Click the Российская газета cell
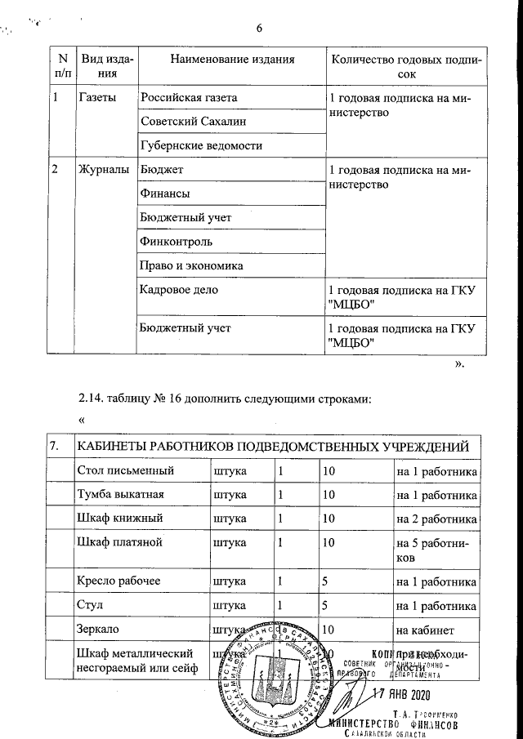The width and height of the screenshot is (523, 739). pyautogui.click(x=189, y=98)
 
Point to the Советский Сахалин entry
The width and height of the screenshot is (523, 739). pyautogui.click(x=193, y=122)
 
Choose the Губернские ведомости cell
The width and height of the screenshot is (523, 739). pyautogui.click(x=201, y=145)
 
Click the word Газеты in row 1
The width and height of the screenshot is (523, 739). pyautogui.click(x=96, y=98)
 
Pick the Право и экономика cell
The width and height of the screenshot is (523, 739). pyautogui.click(x=192, y=266)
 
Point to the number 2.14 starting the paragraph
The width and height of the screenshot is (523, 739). pyautogui.click(x=92, y=398)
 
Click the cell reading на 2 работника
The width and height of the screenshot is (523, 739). pyautogui.click(x=436, y=519)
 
